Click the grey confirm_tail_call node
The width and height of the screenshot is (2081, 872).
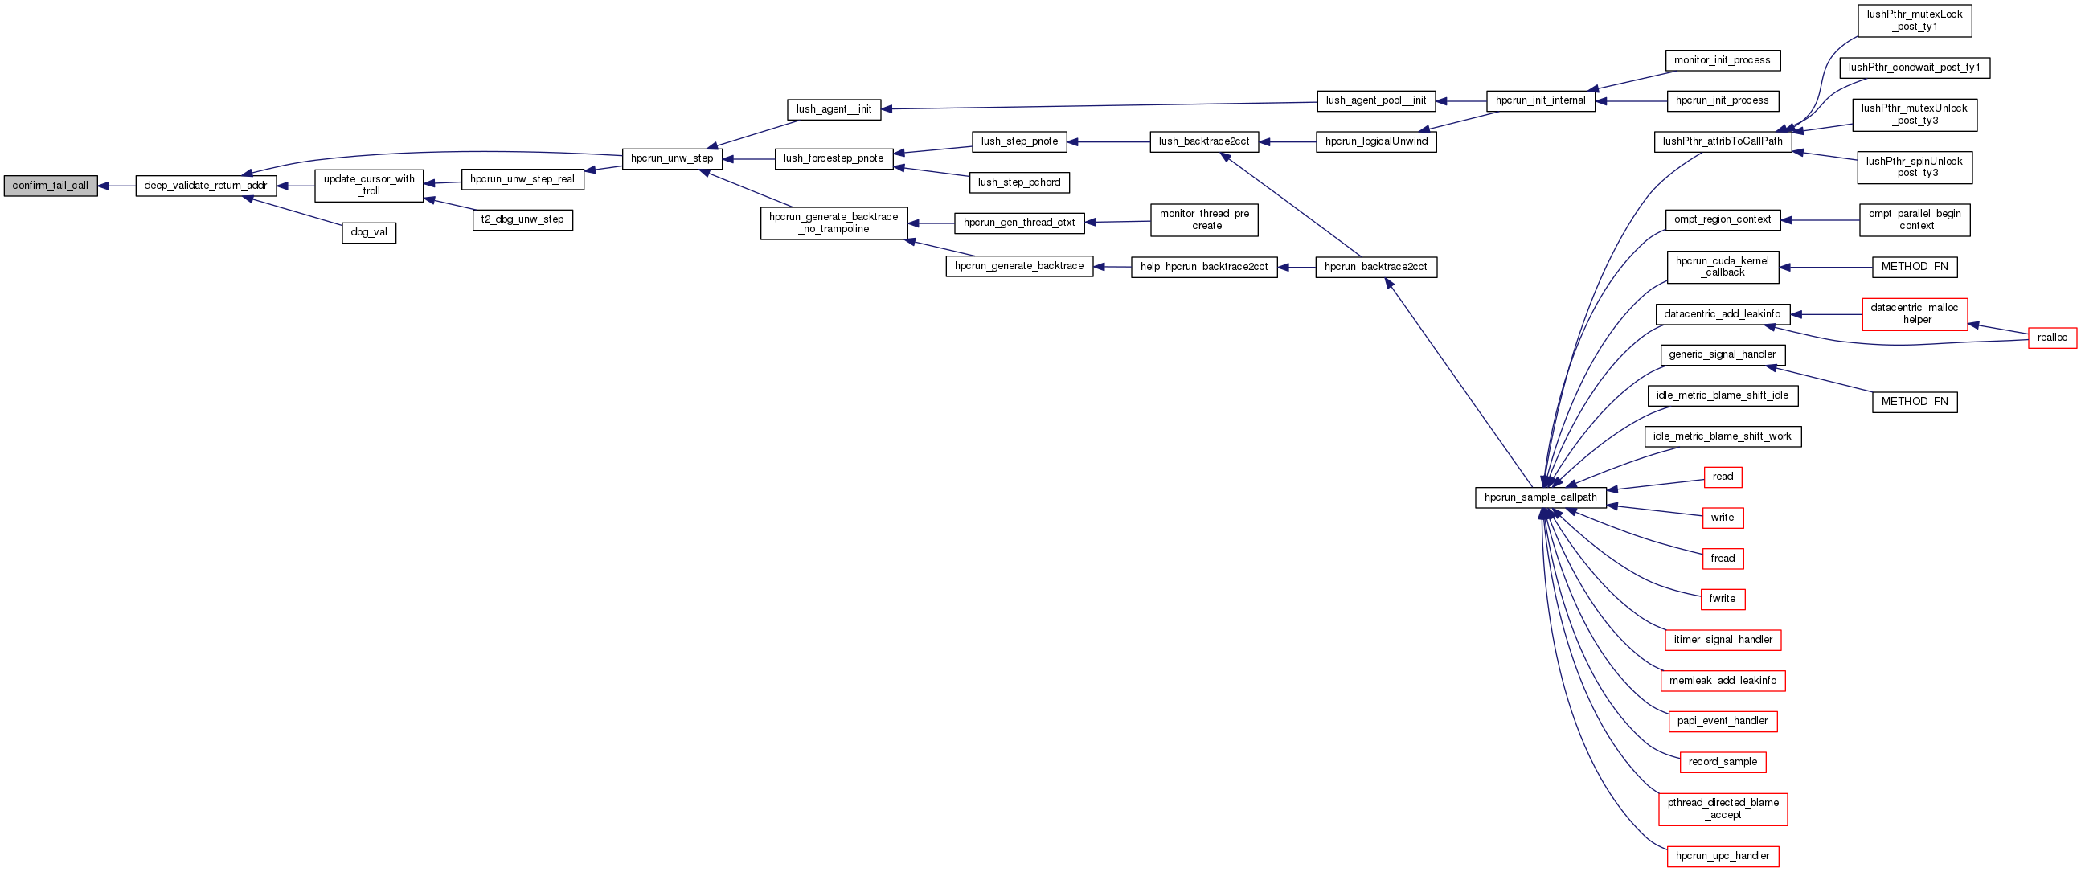click(50, 186)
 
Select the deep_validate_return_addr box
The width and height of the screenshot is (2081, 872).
click(206, 186)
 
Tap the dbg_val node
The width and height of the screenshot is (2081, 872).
click(368, 232)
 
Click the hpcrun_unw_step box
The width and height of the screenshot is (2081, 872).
click(671, 158)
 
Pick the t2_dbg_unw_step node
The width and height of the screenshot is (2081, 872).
click(522, 219)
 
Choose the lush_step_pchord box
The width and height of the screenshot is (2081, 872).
click(1018, 182)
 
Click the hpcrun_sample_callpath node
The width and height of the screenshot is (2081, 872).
click(1540, 497)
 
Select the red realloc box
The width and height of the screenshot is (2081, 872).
click(2052, 338)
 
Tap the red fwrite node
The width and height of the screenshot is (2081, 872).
click(1723, 599)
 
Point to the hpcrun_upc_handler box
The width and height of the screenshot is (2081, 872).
click(1723, 856)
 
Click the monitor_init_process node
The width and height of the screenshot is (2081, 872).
click(1723, 60)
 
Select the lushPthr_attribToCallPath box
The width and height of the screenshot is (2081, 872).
click(1723, 141)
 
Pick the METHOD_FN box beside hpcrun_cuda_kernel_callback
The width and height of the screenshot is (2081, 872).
click(1915, 267)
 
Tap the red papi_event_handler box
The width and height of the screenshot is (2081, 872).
click(1723, 721)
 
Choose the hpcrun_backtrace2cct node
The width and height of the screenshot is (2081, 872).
click(1376, 267)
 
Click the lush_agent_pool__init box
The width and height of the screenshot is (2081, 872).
click(1376, 101)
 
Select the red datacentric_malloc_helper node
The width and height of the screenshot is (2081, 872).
click(1915, 314)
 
